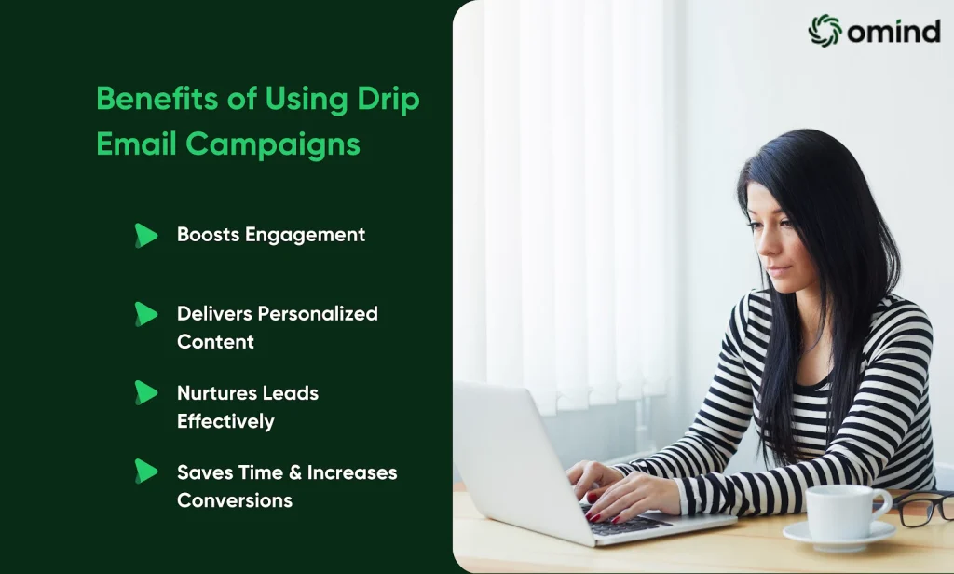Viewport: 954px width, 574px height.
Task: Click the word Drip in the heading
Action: point(388,99)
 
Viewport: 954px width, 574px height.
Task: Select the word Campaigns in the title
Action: point(273,144)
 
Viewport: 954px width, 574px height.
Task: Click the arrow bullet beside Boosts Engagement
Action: point(146,236)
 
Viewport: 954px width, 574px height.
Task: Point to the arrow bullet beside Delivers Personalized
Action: point(146,314)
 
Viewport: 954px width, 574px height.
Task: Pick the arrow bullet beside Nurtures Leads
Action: point(146,392)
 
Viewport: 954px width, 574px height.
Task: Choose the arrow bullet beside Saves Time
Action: point(146,471)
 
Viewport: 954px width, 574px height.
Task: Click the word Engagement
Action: point(305,236)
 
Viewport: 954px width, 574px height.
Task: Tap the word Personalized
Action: point(318,313)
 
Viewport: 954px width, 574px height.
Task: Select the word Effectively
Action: point(225,421)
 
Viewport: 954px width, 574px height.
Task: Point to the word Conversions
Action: point(235,500)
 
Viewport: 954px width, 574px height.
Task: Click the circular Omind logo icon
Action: point(825,31)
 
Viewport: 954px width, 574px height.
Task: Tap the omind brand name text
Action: point(893,31)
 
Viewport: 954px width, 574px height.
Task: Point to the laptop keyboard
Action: point(627,522)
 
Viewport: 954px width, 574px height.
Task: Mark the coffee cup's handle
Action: point(883,503)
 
